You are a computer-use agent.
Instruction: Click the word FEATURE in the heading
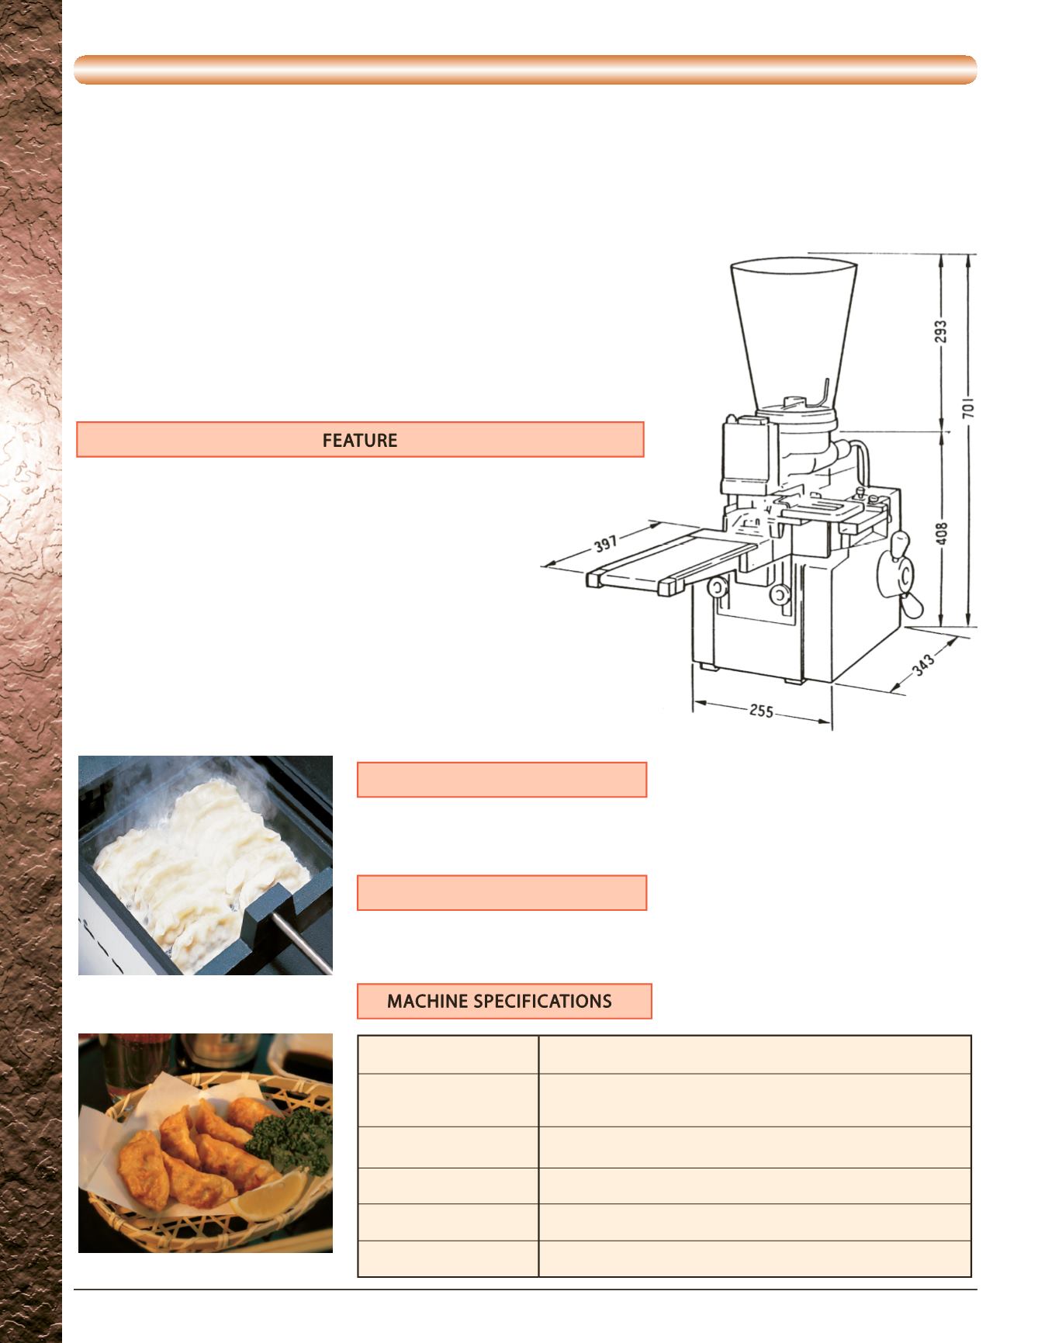point(360,441)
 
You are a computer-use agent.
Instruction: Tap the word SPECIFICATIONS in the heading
point(543,1001)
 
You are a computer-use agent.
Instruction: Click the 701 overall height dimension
point(969,409)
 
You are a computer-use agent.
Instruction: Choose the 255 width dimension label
point(760,711)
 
